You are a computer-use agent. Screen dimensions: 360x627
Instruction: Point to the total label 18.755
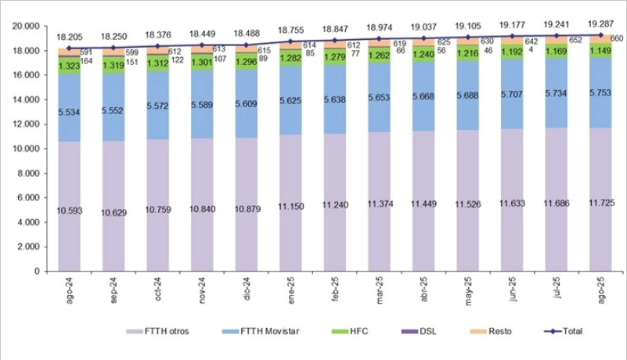[x=291, y=31]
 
